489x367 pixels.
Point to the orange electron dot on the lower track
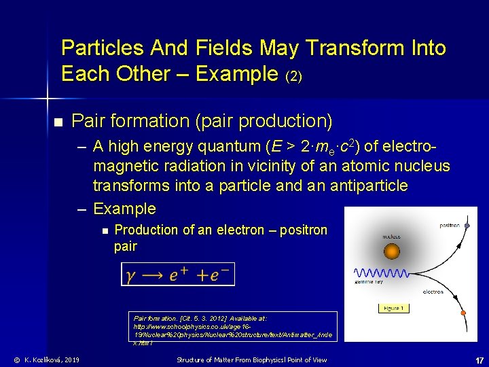pyautogui.click(x=465, y=315)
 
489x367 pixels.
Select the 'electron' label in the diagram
pyautogui.click(x=433, y=292)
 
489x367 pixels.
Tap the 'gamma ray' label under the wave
pyautogui.click(x=369, y=281)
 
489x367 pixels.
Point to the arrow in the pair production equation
pyautogui.click(x=153, y=275)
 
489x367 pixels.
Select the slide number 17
pyautogui.click(x=478, y=360)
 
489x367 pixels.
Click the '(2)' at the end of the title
pyautogui.click(x=293, y=76)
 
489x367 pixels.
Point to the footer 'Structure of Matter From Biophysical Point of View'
pyautogui.click(x=251, y=360)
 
